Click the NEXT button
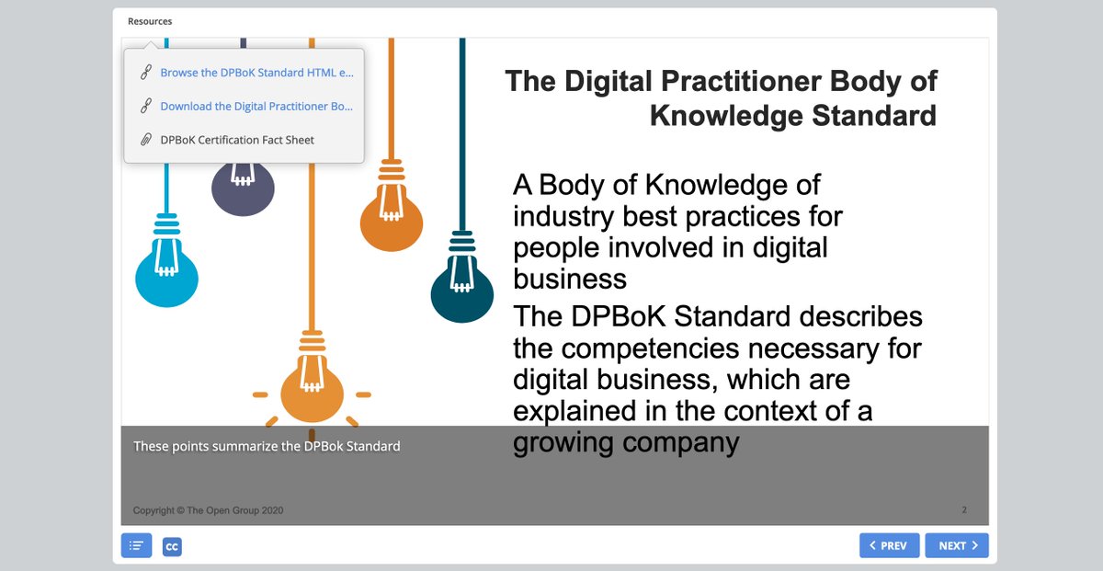point(956,545)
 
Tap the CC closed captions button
point(172,546)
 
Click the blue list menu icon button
point(136,545)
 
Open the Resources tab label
point(150,21)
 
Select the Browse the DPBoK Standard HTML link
point(256,73)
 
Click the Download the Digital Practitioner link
point(256,106)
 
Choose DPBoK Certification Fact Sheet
point(237,140)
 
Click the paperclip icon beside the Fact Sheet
point(146,140)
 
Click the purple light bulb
point(243,188)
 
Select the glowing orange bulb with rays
point(312,380)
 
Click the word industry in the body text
point(563,217)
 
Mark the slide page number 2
point(964,510)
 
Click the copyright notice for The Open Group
point(209,510)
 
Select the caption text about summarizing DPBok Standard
point(267,446)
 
